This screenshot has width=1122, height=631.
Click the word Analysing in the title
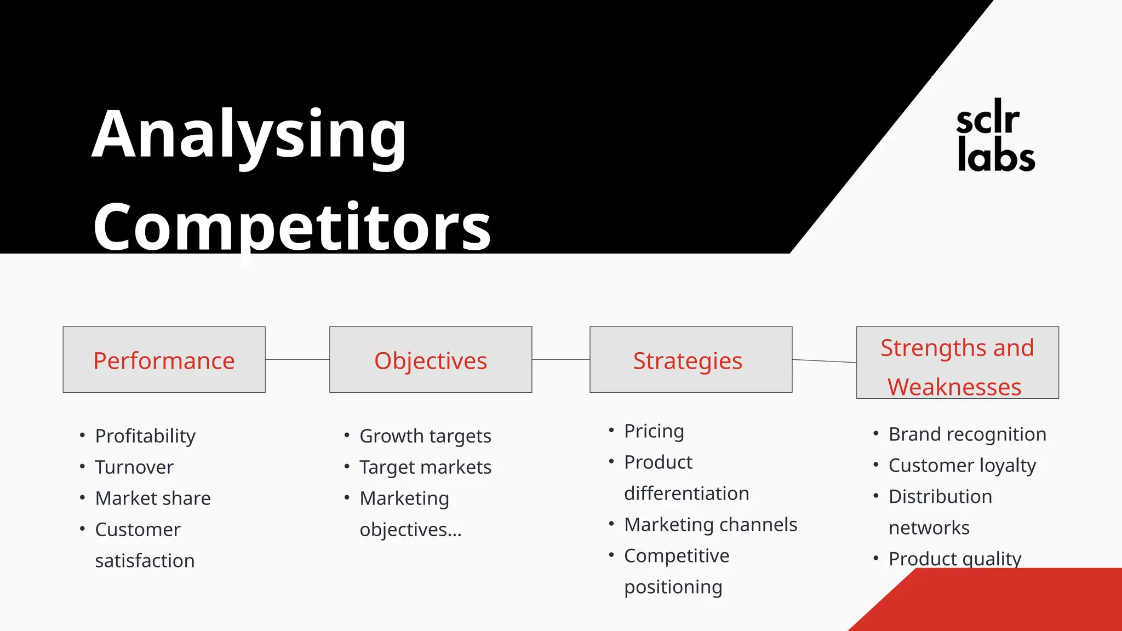tap(249, 134)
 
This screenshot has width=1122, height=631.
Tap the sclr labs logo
tap(995, 136)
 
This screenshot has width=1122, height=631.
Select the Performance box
tap(164, 360)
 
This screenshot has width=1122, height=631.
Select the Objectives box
tap(431, 360)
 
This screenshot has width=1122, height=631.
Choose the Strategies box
tap(690, 360)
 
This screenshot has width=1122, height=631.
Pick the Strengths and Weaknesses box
tap(957, 363)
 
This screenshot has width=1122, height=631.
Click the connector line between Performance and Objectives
tap(297, 360)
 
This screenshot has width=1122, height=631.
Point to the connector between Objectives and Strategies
tap(560, 360)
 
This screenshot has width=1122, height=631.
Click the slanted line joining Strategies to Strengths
tap(824, 361)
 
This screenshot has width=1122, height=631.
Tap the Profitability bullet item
tap(145, 436)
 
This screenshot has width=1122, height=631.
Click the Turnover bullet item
tap(134, 467)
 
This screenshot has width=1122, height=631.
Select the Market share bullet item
tap(153, 498)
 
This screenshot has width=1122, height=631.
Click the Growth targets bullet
tap(425, 436)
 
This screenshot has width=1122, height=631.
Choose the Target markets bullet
tap(425, 467)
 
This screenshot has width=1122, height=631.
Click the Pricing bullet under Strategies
tap(654, 431)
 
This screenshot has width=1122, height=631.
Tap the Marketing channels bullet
tap(711, 525)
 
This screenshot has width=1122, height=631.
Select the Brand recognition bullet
tap(967, 434)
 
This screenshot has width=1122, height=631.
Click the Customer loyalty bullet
tap(962, 466)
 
